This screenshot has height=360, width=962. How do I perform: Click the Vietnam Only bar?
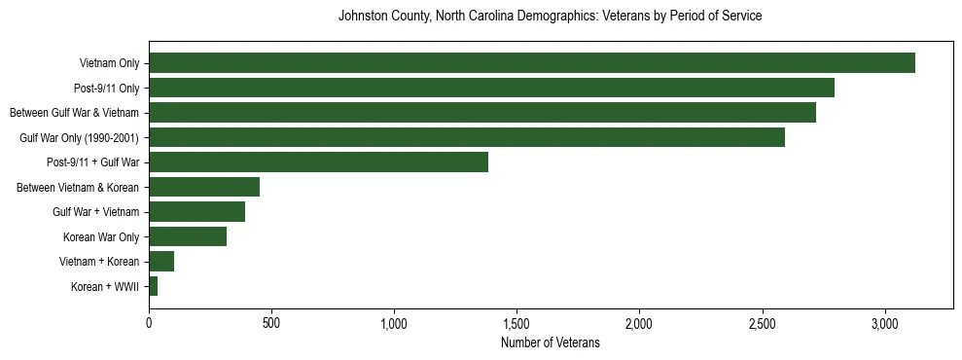tap(532, 63)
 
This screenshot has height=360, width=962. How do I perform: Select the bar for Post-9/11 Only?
tap(491, 88)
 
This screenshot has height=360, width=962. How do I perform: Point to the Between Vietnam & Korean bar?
tap(204, 187)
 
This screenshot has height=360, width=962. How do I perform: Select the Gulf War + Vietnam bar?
tap(196, 212)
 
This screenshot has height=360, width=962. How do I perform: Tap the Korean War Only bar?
tap(188, 236)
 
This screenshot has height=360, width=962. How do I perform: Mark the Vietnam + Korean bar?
tap(161, 262)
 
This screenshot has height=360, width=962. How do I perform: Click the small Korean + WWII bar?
tap(154, 286)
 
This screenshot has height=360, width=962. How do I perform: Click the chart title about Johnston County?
tap(550, 17)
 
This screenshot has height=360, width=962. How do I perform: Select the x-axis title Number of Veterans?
tap(550, 343)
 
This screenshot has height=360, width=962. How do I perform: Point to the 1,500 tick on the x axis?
tap(517, 322)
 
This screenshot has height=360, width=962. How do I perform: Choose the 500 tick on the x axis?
tap(271, 322)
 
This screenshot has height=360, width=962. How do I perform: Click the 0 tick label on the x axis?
tap(149, 322)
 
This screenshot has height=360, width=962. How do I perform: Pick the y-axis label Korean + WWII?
tap(105, 287)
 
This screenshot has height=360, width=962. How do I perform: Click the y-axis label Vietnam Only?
tap(109, 63)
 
